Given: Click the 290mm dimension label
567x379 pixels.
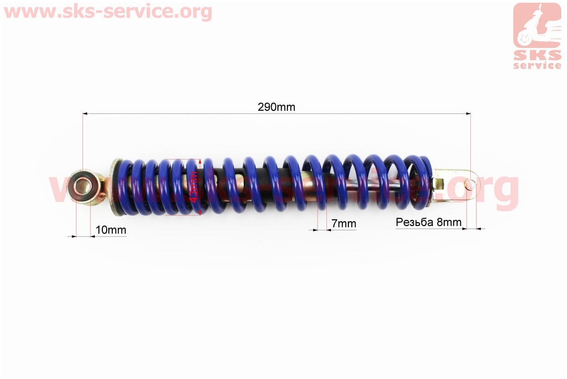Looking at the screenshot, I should click(x=276, y=107).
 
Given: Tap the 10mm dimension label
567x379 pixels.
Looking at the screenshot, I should click(x=111, y=230).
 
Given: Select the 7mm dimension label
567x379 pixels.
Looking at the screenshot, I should click(x=344, y=224).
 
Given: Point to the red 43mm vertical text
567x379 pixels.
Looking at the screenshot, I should click(x=193, y=187).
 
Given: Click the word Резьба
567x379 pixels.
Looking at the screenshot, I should click(x=414, y=223).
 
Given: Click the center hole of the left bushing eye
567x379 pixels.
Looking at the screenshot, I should click(x=83, y=186).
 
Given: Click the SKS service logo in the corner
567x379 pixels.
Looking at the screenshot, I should click(x=537, y=36).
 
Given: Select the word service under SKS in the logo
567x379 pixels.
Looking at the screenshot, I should click(x=537, y=65).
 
